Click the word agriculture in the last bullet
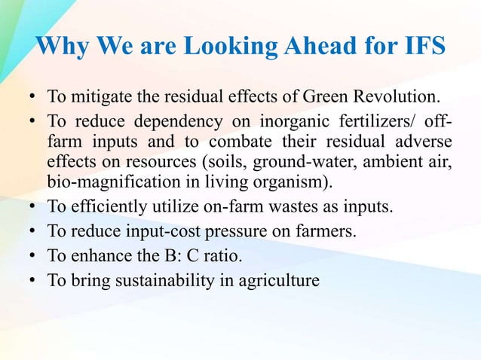[x=283, y=280]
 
